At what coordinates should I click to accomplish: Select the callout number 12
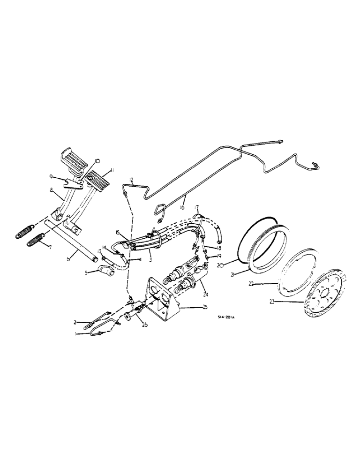click(131, 180)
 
